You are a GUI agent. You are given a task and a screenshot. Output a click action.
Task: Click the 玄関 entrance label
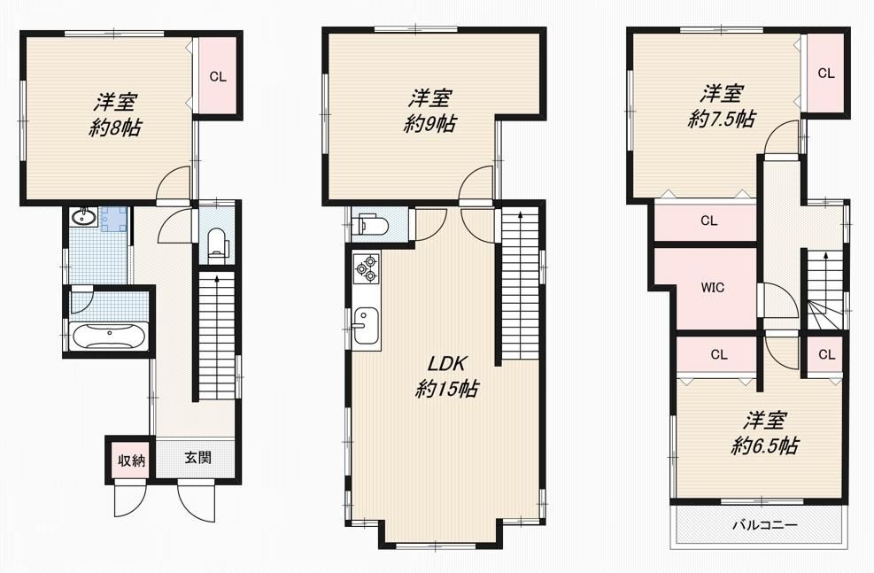point(197,458)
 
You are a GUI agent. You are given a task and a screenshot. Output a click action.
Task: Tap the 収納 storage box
point(131,461)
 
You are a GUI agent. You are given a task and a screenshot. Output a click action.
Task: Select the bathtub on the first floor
point(109,336)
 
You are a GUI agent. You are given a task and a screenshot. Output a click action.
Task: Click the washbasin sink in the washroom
point(84,216)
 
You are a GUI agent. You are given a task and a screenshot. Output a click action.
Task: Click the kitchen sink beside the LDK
point(366,326)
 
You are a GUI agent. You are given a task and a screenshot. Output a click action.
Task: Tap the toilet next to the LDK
point(374,225)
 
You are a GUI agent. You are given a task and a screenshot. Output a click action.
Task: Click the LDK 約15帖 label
point(446,376)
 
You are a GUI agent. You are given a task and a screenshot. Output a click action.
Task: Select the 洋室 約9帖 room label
point(429,111)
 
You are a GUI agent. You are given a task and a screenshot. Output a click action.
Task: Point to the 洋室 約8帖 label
point(115,115)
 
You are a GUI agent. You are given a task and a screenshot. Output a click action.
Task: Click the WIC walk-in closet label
point(712,288)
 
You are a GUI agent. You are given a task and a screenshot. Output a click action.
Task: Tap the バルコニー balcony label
point(765,524)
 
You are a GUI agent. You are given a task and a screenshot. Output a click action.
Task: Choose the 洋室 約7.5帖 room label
point(722,106)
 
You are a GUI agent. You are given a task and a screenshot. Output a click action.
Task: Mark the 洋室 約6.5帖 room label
point(765,433)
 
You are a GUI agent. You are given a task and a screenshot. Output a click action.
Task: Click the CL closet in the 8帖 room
point(218,76)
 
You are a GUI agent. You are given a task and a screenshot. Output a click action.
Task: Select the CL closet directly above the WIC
point(709,221)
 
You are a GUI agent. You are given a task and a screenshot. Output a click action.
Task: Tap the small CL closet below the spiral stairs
point(827,354)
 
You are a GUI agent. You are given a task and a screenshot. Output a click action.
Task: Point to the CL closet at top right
point(826,73)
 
